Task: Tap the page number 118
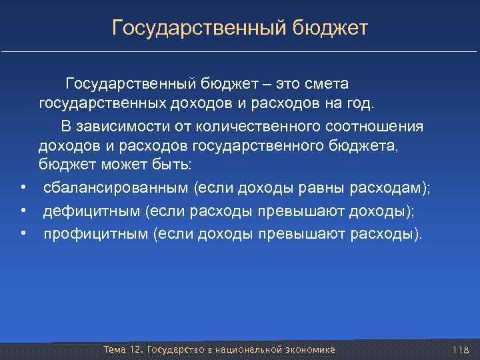coord(461,350)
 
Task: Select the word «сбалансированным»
coord(117,189)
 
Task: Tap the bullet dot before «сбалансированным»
coord(23,189)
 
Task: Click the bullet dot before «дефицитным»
coord(23,211)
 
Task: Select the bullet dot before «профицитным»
coord(23,234)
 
